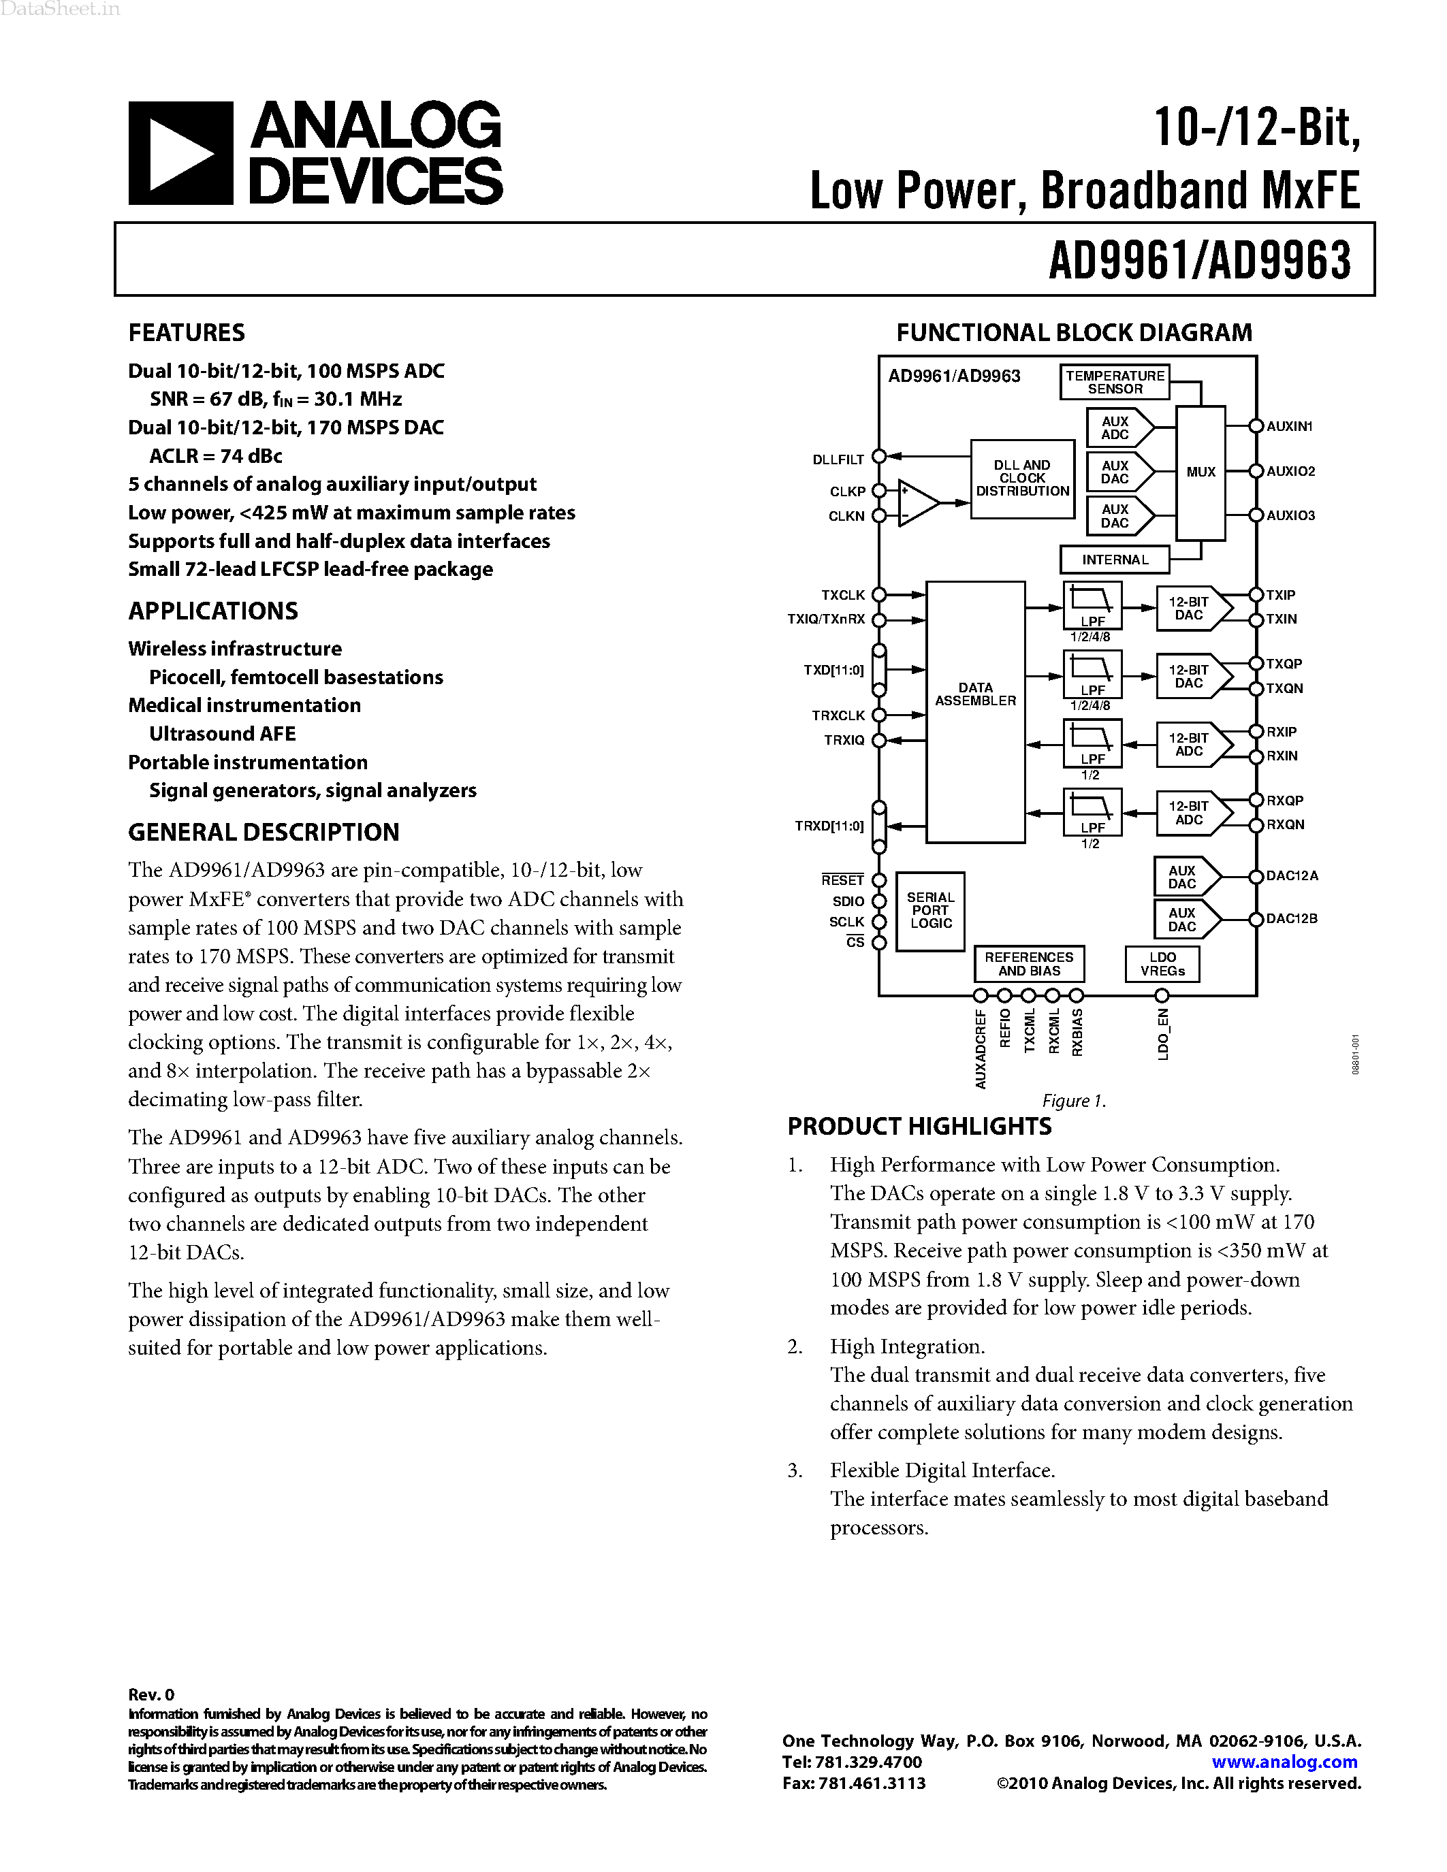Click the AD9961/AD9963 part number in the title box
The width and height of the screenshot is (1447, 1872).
click(x=1199, y=260)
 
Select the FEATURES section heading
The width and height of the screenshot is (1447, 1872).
click(x=186, y=333)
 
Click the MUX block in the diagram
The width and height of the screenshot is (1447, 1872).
click(x=1200, y=472)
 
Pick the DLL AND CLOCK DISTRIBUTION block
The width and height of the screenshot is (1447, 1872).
click(x=1022, y=479)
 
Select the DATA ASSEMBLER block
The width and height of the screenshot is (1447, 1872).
click(x=976, y=711)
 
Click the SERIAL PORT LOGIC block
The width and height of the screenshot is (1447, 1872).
click(x=930, y=911)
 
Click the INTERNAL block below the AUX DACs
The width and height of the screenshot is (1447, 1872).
click(x=1115, y=560)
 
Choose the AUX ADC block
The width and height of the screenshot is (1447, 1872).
click(x=1116, y=427)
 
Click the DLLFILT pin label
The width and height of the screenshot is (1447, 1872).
click(x=838, y=460)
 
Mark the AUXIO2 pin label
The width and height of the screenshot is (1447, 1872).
click(x=1290, y=472)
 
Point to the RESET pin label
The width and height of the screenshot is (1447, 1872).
click(x=842, y=880)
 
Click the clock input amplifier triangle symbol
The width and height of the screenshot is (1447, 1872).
click(x=915, y=503)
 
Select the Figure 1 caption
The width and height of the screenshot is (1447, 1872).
click(x=1073, y=1101)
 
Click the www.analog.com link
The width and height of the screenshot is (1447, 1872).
click(x=1284, y=1762)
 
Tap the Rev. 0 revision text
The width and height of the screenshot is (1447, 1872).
click(x=151, y=1694)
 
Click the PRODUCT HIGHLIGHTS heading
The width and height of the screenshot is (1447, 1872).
click(x=919, y=1127)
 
